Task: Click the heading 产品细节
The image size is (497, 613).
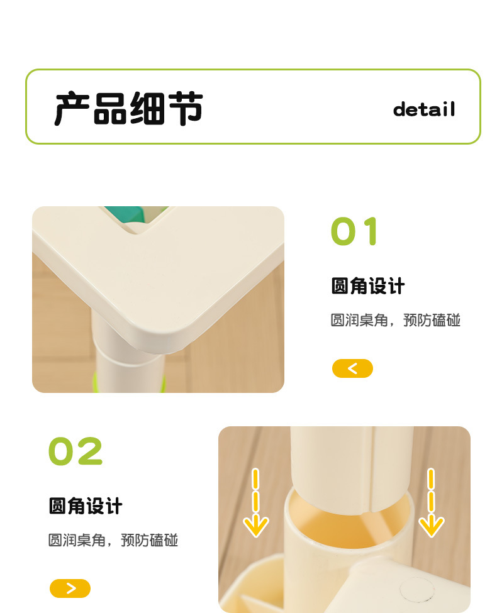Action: click(128, 108)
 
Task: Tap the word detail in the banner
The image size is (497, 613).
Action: click(423, 109)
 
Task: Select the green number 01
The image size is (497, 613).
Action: click(355, 231)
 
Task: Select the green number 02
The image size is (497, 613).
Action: click(75, 451)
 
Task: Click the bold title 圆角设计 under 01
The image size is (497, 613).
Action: click(368, 287)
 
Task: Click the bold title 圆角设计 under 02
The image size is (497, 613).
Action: click(86, 506)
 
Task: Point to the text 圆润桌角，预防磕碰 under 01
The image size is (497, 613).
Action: click(395, 321)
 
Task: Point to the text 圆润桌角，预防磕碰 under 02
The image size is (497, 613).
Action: click(113, 540)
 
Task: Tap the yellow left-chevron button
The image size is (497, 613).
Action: click(352, 368)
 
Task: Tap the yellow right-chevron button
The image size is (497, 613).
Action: click(70, 588)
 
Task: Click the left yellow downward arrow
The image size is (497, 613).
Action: click(255, 503)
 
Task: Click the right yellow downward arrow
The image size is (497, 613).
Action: click(431, 503)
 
